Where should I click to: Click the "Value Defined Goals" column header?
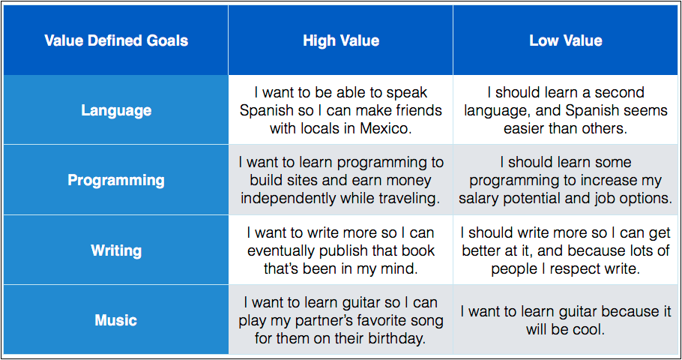tap(116, 40)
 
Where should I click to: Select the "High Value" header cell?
tap(341, 40)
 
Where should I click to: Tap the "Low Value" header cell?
tap(565, 40)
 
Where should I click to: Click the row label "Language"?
tap(116, 110)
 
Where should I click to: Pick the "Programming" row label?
tap(116, 180)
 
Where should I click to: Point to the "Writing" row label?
tap(116, 250)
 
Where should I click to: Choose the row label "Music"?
tap(116, 320)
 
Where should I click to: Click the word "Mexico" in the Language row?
tap(385, 128)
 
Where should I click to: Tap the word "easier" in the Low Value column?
tap(524, 128)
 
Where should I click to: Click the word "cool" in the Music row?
tap(588, 329)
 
